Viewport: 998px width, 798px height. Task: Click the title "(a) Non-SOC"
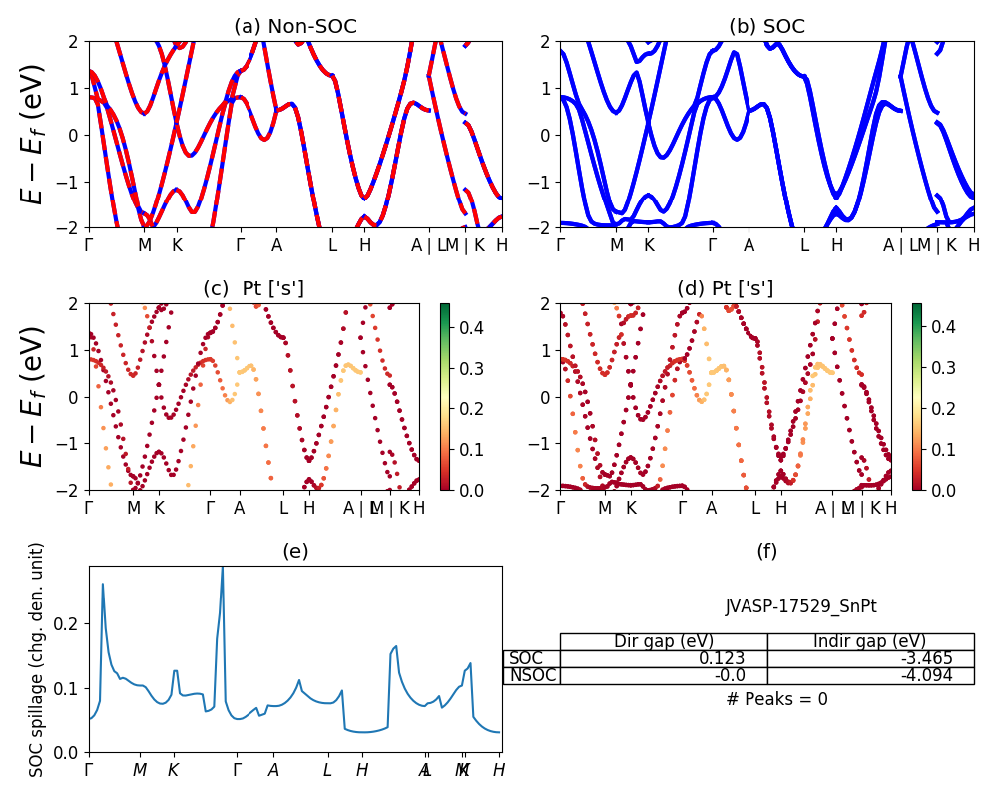coord(294,27)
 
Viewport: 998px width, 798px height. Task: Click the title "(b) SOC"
coord(766,27)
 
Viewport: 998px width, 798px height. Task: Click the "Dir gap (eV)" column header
coord(664,642)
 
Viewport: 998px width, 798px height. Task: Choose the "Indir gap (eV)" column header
coord(870,642)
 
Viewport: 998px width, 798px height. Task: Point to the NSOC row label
coord(531,676)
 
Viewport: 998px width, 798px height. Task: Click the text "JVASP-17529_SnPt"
coord(801,606)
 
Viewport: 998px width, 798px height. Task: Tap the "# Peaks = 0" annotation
coord(776,700)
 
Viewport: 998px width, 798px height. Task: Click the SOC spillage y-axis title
coord(37,659)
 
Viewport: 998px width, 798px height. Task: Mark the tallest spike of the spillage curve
coord(222,568)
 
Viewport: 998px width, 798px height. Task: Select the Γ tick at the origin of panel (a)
coord(89,245)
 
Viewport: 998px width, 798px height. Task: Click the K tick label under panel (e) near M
coord(173,770)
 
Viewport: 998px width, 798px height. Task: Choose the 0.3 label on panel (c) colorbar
coord(470,369)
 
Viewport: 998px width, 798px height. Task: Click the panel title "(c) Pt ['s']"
coord(253,289)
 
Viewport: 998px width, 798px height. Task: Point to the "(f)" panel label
coord(766,552)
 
